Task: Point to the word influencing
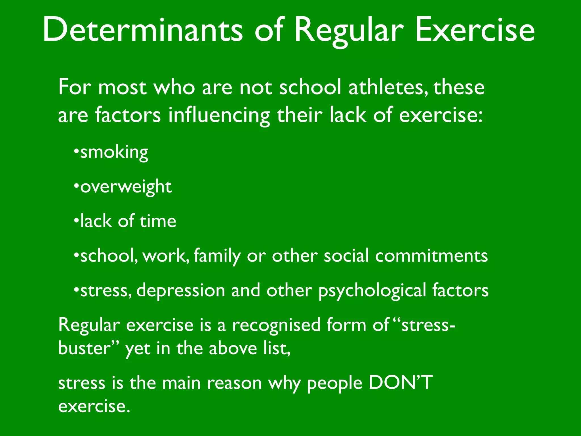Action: pyautogui.click(x=219, y=116)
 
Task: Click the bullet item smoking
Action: pyautogui.click(x=114, y=152)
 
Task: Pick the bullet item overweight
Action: pyautogui.click(x=126, y=187)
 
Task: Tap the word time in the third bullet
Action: pyautogui.click(x=158, y=221)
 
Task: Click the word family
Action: pyautogui.click(x=217, y=256)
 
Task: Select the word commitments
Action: pyautogui.click(x=431, y=256)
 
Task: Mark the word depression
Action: pyautogui.click(x=181, y=290)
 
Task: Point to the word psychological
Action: pyautogui.click(x=372, y=291)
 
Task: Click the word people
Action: pyautogui.click(x=335, y=384)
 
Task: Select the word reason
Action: pyautogui.click(x=234, y=383)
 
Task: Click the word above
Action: pyautogui.click(x=233, y=348)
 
